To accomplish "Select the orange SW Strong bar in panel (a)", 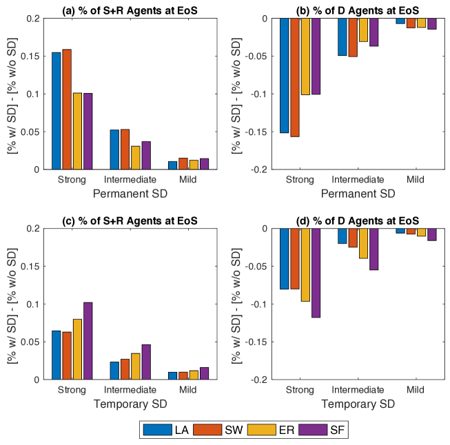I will [67, 109].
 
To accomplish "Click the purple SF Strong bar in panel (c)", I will [88, 340].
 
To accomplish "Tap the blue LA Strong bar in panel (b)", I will [284, 75].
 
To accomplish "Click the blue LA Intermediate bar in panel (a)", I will [115, 149].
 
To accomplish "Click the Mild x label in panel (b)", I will [416, 180].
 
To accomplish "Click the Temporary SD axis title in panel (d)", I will [358, 404].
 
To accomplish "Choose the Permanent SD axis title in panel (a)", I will [130, 194].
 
